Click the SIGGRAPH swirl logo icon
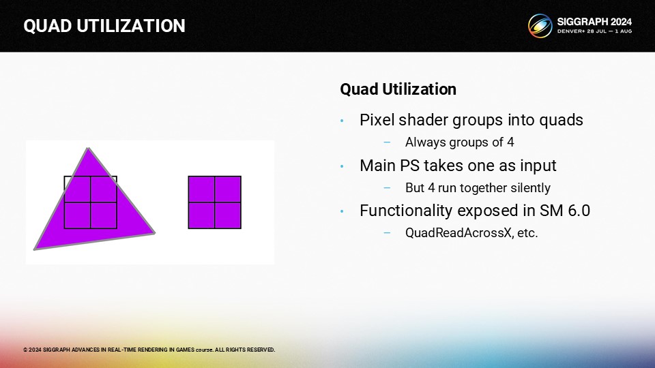click(540, 26)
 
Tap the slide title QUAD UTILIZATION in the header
click(104, 26)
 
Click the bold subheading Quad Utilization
click(398, 89)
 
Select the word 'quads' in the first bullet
click(561, 120)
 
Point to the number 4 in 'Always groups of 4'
click(510, 142)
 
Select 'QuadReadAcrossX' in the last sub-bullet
click(458, 233)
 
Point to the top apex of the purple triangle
click(88, 148)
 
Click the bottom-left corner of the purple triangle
click(35, 249)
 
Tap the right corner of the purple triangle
click(155, 233)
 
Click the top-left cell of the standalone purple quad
click(201, 189)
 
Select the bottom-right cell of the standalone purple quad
click(228, 215)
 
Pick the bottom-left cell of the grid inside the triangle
click(77, 215)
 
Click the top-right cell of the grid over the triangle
click(104, 189)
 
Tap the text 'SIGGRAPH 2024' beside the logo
click(594, 22)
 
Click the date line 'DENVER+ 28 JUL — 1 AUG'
click(594, 31)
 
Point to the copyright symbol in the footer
click(25, 350)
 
